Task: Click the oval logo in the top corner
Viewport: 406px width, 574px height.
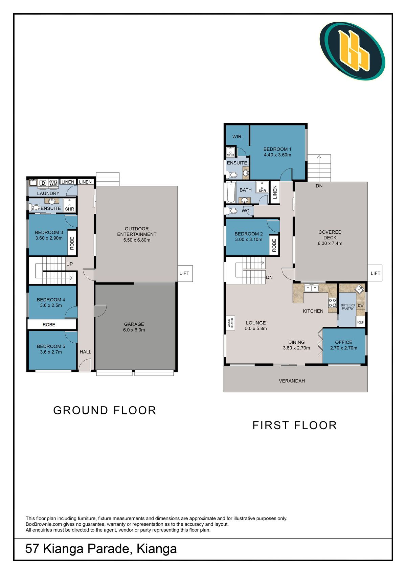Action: (x=352, y=51)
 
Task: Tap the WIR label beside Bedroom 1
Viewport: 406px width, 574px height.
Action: (x=236, y=137)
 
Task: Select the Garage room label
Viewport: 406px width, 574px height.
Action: (x=134, y=324)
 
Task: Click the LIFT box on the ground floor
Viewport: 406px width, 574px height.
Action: (x=185, y=273)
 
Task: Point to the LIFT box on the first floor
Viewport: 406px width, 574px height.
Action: (x=375, y=273)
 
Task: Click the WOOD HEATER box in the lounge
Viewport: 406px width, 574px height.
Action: (x=230, y=323)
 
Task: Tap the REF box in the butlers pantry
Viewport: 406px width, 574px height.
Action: (x=360, y=322)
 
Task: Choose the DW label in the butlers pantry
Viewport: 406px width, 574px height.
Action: (x=361, y=305)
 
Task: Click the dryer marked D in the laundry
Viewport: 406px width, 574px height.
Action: (x=43, y=183)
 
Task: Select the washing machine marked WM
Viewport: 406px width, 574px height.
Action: (x=53, y=183)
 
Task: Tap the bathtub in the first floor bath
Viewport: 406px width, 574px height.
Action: (x=231, y=192)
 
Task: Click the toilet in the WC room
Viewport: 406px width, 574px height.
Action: (x=232, y=211)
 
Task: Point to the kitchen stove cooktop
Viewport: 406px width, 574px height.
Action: (x=333, y=303)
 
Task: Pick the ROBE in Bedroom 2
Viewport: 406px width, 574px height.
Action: (x=274, y=245)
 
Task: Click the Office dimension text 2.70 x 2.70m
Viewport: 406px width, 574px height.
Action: (x=343, y=348)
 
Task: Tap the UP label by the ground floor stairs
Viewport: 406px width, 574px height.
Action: (x=69, y=264)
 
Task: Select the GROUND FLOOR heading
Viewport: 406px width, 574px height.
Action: (x=105, y=410)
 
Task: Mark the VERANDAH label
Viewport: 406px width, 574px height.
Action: (x=292, y=381)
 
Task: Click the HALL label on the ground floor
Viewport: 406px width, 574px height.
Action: (x=85, y=352)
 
